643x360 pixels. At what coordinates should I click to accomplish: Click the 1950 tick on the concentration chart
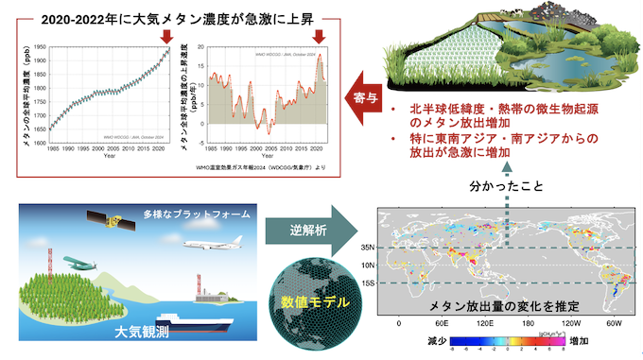[x=39, y=46]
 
